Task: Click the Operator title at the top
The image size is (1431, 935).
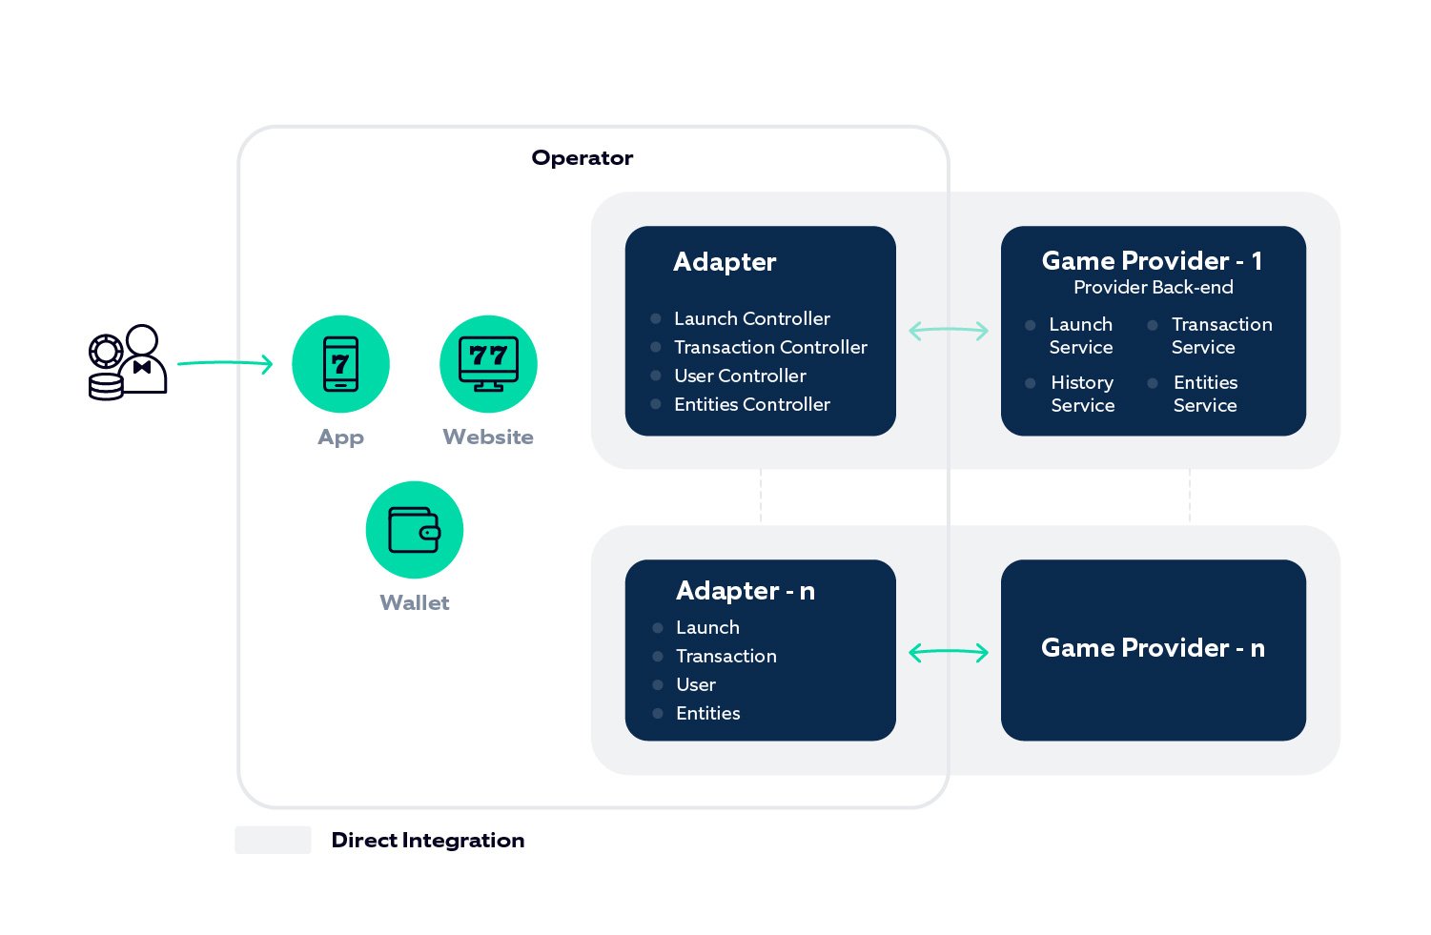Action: [582, 158]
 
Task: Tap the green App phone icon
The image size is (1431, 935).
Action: [340, 364]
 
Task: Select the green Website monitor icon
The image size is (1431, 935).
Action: [488, 364]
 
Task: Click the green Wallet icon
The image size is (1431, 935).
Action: [415, 530]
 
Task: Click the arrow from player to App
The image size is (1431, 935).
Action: [225, 363]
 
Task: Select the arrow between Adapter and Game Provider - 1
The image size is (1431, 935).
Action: [949, 331]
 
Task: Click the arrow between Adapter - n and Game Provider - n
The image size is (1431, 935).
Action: [949, 653]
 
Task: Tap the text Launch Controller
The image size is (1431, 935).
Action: [751, 318]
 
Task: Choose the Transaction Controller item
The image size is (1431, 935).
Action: [770, 347]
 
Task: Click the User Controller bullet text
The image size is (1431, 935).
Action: [740, 376]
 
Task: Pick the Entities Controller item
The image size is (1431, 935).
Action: [751, 404]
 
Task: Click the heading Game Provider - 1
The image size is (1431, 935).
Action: [1152, 261]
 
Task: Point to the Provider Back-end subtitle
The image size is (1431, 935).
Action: [1153, 288]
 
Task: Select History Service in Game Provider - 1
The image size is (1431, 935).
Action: [1082, 394]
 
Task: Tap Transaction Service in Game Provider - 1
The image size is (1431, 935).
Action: [1221, 335]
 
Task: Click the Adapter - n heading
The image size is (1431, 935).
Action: [745, 591]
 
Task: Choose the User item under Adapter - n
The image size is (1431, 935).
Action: [695, 684]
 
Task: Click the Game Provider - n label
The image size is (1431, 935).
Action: [1153, 648]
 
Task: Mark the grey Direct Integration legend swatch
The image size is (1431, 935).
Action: [273, 840]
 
